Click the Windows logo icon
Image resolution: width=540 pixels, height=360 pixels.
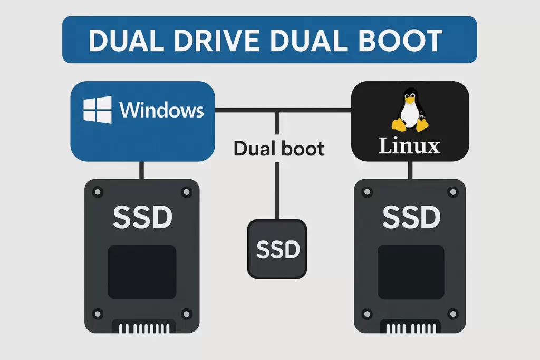(98, 110)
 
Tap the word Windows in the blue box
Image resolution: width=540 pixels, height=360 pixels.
(161, 110)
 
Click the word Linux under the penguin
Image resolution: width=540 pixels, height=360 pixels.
(410, 145)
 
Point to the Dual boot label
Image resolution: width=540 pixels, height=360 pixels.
(278, 149)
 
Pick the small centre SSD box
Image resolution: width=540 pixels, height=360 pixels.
(277, 248)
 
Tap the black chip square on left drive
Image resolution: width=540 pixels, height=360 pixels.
(142, 271)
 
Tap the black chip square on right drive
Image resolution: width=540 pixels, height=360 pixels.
(411, 271)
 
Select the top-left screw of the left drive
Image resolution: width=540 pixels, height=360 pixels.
(97, 192)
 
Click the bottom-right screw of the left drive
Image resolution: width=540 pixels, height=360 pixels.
(186, 314)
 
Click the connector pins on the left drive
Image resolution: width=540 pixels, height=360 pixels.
(142, 328)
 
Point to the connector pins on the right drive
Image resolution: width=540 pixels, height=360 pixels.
(411, 328)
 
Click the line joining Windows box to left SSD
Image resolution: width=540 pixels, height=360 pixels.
(141, 170)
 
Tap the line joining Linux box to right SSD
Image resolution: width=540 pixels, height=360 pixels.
(410, 170)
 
